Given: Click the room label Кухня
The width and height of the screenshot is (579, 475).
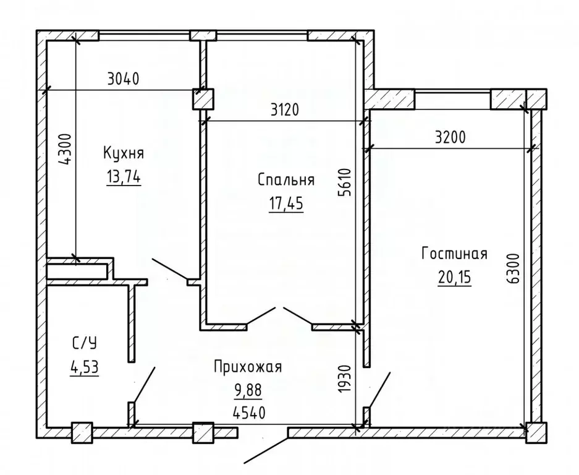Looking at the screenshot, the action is click(x=124, y=153).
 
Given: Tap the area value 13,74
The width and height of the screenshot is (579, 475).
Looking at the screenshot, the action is click(x=124, y=178).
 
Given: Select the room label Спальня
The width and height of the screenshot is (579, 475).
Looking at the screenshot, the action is click(x=286, y=180).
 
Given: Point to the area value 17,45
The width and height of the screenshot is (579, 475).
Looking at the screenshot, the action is click(x=286, y=203).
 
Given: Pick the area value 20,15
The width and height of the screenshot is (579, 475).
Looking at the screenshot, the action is click(x=455, y=277).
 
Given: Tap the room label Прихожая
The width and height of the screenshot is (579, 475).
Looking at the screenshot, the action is click(x=248, y=367).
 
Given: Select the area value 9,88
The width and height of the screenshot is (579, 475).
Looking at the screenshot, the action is click(x=248, y=390).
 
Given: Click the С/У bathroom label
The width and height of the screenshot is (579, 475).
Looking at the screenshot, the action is click(x=85, y=343).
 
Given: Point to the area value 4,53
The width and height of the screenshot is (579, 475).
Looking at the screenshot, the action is click(x=85, y=367).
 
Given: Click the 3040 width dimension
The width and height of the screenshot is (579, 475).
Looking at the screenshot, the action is click(x=124, y=79).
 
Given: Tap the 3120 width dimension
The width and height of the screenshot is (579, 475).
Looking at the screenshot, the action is click(x=284, y=109).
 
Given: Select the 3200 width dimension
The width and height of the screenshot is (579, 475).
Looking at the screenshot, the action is click(x=450, y=137).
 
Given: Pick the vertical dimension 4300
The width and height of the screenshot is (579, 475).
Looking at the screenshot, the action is click(x=65, y=149).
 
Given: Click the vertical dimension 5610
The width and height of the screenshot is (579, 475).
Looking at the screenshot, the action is click(x=345, y=182).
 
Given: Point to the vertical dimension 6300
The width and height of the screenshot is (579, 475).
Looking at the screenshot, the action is click(x=513, y=269).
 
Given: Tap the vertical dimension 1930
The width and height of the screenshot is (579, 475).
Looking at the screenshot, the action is click(x=345, y=379).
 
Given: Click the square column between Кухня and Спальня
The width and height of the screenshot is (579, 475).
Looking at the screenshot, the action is click(x=203, y=99).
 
